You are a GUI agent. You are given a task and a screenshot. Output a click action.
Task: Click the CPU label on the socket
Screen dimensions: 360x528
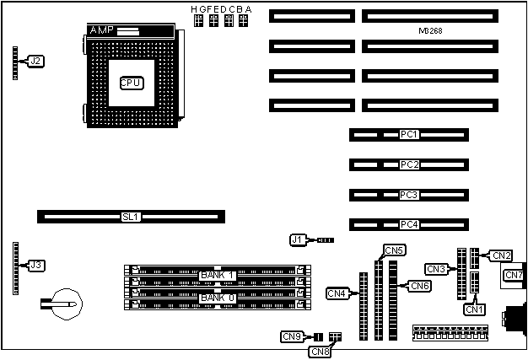click(131, 83)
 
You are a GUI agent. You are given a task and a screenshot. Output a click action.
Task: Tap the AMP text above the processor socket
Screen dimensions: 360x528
click(101, 30)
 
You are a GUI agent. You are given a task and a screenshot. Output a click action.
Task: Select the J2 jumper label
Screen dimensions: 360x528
click(35, 61)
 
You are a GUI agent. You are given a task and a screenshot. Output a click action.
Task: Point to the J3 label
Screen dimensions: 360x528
click(35, 265)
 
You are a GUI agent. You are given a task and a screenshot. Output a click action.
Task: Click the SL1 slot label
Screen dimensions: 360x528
click(131, 217)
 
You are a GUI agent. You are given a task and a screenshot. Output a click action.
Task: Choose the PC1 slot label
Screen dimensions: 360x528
click(409, 135)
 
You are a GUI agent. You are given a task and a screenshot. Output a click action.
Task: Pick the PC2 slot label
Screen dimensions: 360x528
click(409, 164)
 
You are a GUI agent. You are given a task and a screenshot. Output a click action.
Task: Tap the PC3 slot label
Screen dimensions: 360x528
click(409, 195)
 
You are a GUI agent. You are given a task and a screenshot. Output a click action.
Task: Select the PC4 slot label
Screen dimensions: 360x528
click(409, 225)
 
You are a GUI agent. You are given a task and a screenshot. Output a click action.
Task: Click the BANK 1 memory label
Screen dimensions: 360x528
click(217, 276)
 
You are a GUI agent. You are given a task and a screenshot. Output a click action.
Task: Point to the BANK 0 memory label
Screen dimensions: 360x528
click(217, 298)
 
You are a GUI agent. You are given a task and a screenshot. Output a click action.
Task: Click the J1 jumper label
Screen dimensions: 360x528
click(297, 239)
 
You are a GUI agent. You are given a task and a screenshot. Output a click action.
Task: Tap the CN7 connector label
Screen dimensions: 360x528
click(514, 275)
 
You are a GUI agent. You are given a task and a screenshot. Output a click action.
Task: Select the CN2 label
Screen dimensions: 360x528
click(501, 255)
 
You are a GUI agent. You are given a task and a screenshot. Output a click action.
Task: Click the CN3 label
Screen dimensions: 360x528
click(436, 269)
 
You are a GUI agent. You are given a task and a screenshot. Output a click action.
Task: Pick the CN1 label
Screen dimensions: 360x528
click(475, 309)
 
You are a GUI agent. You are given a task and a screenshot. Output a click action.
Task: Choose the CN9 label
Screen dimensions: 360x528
click(291, 336)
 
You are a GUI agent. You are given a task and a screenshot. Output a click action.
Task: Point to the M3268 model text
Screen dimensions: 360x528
click(430, 30)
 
